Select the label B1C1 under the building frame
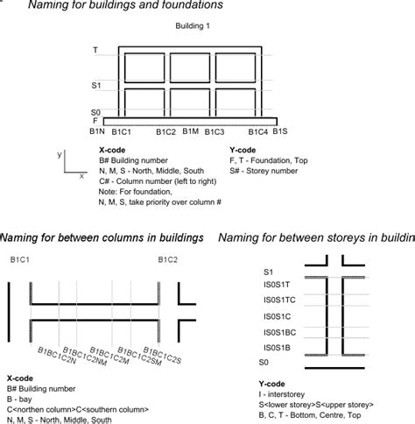[120, 132]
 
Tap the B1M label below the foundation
[190, 131]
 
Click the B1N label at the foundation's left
[97, 131]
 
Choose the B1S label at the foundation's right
[279, 131]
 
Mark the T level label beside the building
[95, 51]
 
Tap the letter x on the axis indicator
[81, 175]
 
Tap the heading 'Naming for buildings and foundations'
[124, 6]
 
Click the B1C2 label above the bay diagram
[168, 259]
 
